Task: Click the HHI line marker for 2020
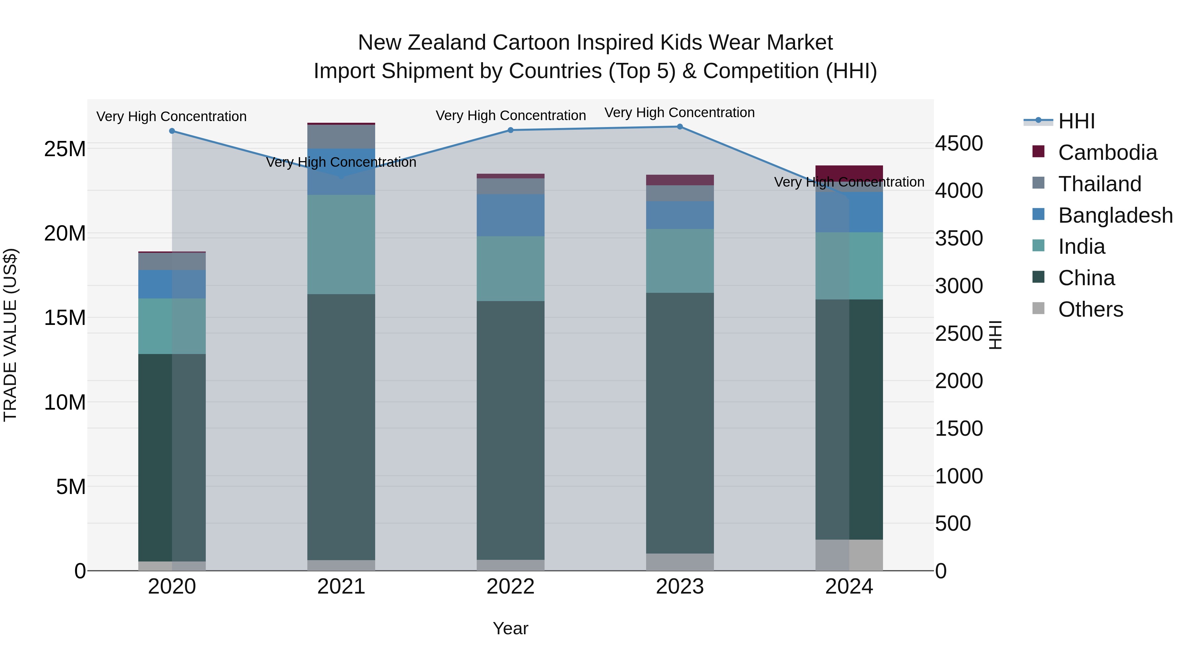pos(172,131)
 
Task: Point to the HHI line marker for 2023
pos(680,127)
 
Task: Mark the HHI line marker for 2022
pos(510,130)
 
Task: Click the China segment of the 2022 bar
pos(510,430)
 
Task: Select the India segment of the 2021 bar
pos(341,244)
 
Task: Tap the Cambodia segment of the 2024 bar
pos(849,172)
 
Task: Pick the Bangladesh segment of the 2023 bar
pos(680,215)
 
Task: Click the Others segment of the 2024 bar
pos(849,555)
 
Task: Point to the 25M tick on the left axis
pos(65,149)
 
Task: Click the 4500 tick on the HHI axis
pos(959,143)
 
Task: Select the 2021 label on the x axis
pos(341,587)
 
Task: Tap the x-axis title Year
pos(510,628)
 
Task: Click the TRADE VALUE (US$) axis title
pos(10,335)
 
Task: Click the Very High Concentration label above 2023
pos(679,112)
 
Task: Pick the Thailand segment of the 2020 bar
pos(172,261)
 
